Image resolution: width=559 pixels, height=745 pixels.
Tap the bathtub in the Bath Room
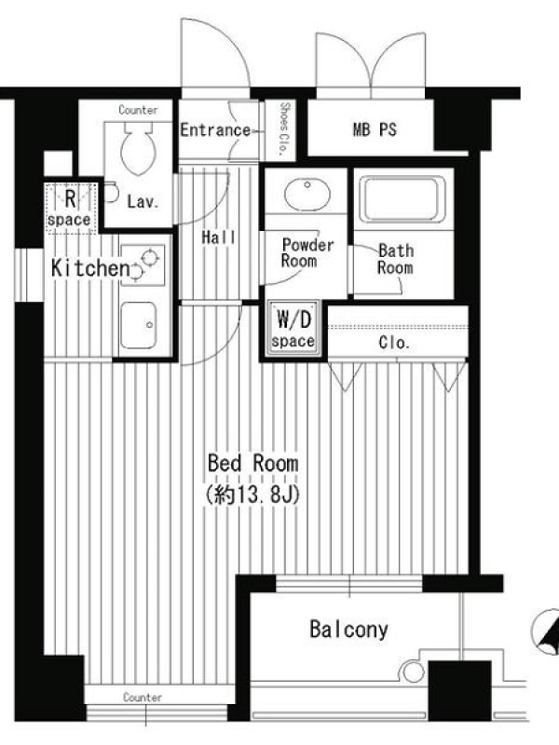pyautogui.click(x=402, y=199)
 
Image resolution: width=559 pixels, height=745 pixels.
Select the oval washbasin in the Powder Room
pyautogui.click(x=307, y=194)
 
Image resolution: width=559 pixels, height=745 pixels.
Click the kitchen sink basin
pyautogui.click(x=138, y=325)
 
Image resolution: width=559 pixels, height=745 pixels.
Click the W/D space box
pyautogui.click(x=293, y=329)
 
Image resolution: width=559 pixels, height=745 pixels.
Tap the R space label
pyautogui.click(x=70, y=209)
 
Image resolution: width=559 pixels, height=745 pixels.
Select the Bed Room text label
pyautogui.click(x=253, y=463)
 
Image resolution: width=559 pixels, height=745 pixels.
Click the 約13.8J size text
pyautogui.click(x=252, y=495)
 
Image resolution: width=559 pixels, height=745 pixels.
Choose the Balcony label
pyautogui.click(x=348, y=630)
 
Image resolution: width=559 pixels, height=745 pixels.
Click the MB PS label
pyautogui.click(x=375, y=129)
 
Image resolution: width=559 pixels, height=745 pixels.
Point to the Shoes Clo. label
pyautogui.click(x=283, y=129)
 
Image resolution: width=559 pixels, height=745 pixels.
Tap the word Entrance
pyautogui.click(x=215, y=129)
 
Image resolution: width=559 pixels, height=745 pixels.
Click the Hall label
pyautogui.click(x=219, y=237)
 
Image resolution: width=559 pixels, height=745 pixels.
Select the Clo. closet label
pyautogui.click(x=394, y=343)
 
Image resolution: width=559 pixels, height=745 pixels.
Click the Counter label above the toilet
pyautogui.click(x=138, y=110)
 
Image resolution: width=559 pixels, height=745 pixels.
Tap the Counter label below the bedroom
pyautogui.click(x=143, y=697)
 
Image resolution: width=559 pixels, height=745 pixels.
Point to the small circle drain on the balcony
pyautogui.click(x=413, y=672)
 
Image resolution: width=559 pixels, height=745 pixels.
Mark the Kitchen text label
pyautogui.click(x=90, y=268)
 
